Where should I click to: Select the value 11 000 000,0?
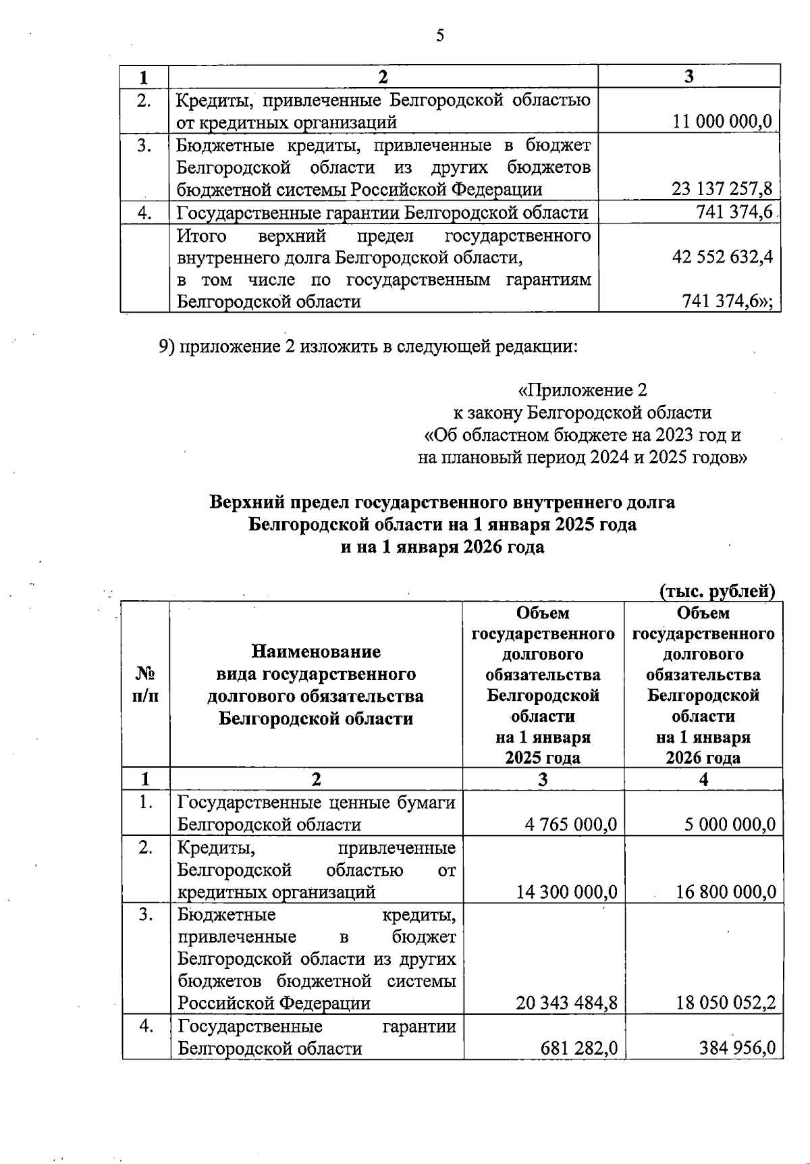point(722,122)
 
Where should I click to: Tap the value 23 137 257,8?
point(722,190)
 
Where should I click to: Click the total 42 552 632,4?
point(722,257)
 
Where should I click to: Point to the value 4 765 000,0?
point(570,824)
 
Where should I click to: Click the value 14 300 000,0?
point(566,892)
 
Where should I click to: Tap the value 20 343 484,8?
point(566,1003)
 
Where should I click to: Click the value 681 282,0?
point(578,1049)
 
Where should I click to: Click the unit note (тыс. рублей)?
point(717,591)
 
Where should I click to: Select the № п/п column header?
point(146,685)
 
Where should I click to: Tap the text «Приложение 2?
point(582,390)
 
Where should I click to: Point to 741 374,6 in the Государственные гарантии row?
point(734,213)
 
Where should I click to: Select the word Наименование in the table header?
point(315,652)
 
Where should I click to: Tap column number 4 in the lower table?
point(703,779)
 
